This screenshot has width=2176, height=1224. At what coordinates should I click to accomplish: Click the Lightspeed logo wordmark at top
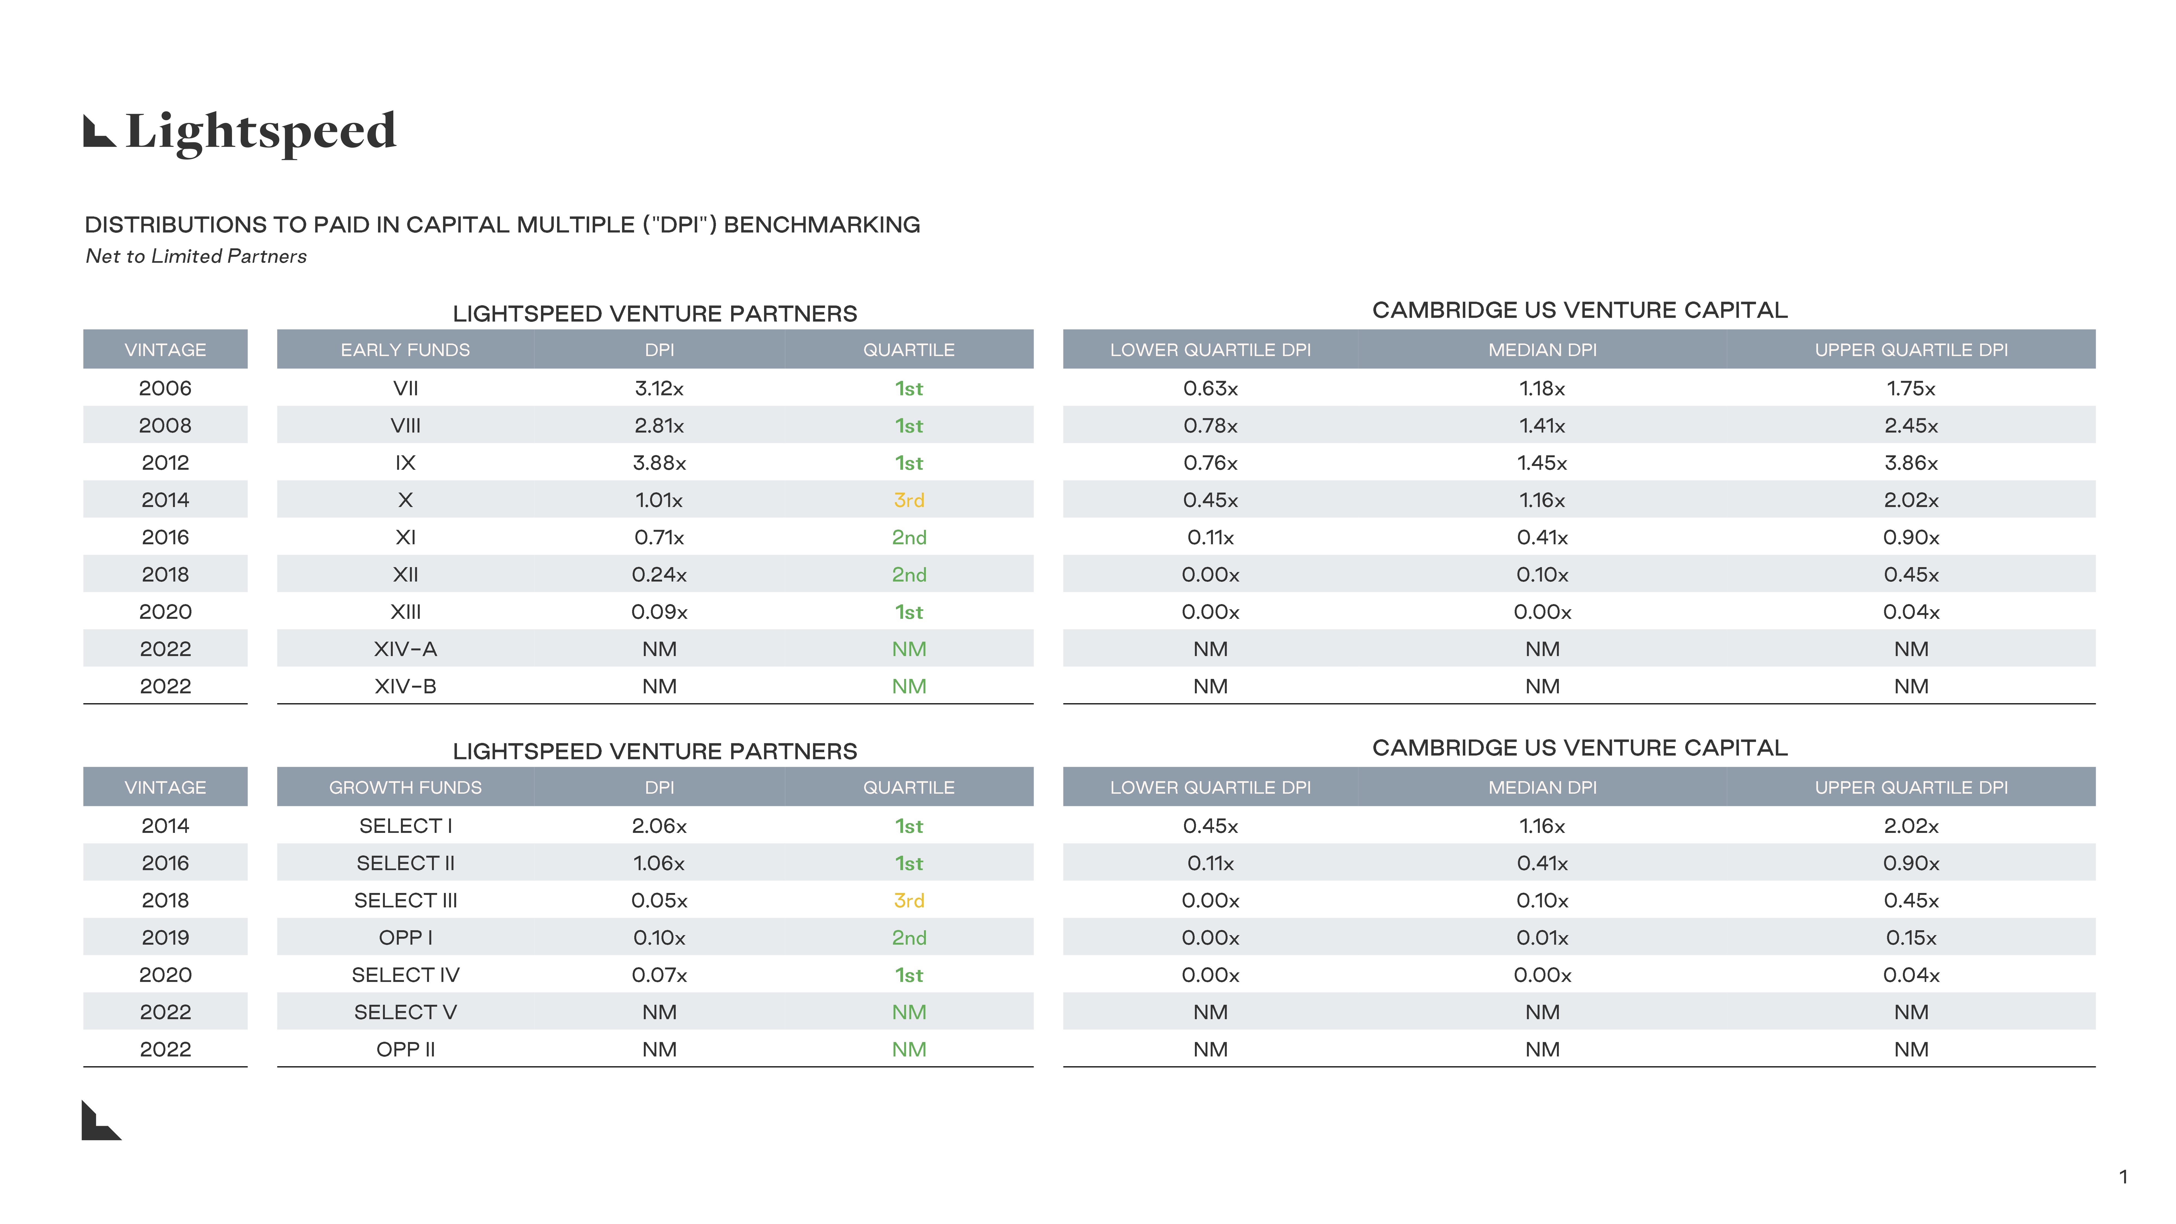point(241,132)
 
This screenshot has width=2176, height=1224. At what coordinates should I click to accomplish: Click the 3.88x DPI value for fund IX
point(659,463)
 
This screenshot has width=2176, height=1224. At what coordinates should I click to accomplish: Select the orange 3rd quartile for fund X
point(909,500)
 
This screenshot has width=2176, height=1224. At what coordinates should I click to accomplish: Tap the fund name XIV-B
point(406,686)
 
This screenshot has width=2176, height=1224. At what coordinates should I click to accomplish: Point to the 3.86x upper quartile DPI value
point(1911,463)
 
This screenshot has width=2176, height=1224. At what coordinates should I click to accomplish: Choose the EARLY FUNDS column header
point(406,350)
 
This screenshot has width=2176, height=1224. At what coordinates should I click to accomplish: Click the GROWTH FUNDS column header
point(406,787)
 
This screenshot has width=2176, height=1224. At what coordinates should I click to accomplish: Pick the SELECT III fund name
point(406,901)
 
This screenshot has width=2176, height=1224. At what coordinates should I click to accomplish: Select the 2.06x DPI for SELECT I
point(659,826)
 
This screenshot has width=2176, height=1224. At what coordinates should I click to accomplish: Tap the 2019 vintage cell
point(166,938)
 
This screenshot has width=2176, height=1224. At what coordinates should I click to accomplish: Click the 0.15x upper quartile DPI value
point(1911,938)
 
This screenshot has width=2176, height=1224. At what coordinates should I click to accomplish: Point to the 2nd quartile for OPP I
point(909,938)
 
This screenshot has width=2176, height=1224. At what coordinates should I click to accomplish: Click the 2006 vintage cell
point(166,389)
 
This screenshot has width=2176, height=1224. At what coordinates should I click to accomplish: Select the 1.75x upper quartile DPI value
point(1911,389)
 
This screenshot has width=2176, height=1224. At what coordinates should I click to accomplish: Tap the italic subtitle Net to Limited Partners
point(196,256)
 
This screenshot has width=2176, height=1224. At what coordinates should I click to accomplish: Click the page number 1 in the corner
point(2123,1177)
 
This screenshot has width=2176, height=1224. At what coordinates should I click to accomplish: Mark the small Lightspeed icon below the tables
point(101,1121)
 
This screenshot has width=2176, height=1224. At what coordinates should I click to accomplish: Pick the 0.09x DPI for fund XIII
point(659,611)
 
